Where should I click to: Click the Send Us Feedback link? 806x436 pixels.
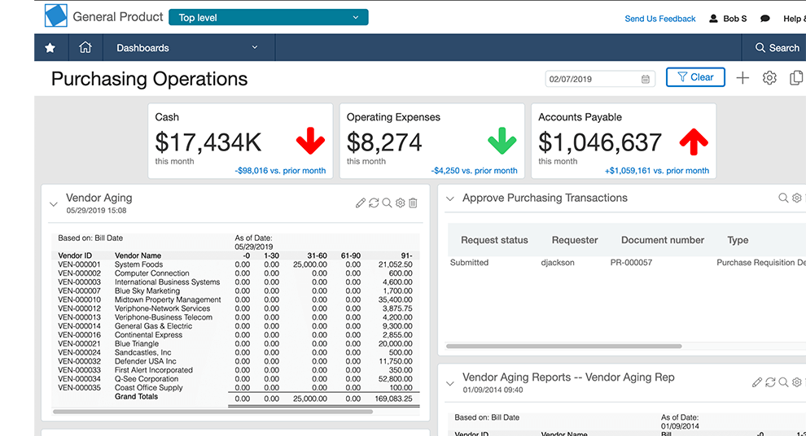[660, 19]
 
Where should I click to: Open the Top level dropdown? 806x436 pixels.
[269, 17]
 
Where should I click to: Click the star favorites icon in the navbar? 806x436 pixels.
[50, 48]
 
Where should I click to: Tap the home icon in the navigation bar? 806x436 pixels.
[85, 47]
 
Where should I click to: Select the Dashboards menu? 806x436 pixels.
[187, 48]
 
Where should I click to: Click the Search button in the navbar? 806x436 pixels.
[777, 48]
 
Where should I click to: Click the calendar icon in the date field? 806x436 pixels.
[645, 79]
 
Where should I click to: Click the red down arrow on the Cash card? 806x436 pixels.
[310, 142]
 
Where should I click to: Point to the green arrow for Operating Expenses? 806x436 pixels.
[502, 142]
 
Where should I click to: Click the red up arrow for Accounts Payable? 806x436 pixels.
[694, 142]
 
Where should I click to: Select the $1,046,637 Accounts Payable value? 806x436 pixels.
[600, 142]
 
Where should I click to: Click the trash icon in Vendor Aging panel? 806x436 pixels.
[414, 203]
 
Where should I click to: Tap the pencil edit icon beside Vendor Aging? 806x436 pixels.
[361, 203]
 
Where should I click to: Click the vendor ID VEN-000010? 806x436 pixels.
[79, 300]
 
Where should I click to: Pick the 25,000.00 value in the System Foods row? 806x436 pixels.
[310, 264]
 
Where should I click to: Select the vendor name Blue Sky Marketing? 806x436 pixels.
[147, 291]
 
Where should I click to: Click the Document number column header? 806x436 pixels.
[663, 240]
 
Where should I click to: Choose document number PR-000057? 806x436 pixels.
[631, 263]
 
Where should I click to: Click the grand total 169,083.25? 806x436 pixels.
[394, 399]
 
